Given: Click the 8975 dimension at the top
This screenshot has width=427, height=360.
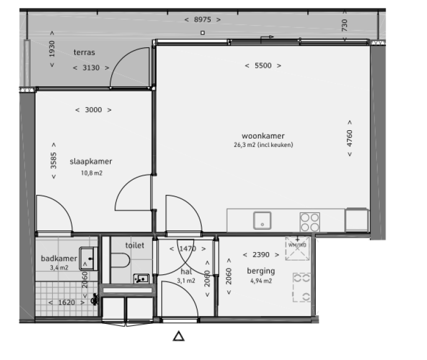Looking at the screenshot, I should (202, 20).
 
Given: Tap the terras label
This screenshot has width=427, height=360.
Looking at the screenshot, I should (84, 53).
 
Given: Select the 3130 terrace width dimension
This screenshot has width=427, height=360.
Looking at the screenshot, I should (91, 68).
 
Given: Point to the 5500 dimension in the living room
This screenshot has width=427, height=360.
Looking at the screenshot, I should (262, 66).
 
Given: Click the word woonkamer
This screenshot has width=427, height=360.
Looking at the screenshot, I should (263, 136).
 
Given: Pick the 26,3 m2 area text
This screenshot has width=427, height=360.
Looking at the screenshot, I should (263, 145).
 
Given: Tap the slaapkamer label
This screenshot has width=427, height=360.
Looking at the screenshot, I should (91, 162).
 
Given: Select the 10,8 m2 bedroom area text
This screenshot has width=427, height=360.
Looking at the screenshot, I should (91, 173).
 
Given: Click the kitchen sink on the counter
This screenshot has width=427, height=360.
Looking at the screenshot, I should (262, 221).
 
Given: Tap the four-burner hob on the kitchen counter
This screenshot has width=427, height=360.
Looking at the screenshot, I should (310, 222).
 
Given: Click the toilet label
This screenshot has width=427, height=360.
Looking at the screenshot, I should (135, 245).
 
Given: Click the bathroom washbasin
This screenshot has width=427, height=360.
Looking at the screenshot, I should (87, 258).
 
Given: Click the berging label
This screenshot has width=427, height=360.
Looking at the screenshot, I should (261, 272).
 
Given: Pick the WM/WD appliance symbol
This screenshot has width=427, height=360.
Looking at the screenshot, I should (297, 248).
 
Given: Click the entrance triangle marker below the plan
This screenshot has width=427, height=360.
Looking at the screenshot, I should (178, 336).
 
